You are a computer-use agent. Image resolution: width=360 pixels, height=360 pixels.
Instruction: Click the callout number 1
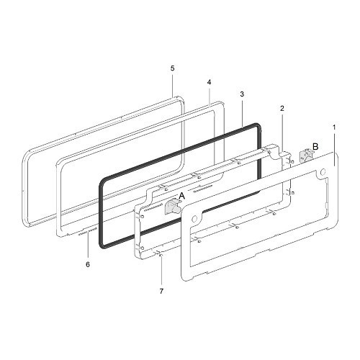(x=334, y=127)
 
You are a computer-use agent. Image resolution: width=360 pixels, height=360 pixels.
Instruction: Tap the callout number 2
(x=282, y=108)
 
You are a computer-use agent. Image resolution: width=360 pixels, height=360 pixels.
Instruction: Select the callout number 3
(x=242, y=94)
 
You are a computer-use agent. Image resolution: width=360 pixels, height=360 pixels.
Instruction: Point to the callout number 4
(x=209, y=82)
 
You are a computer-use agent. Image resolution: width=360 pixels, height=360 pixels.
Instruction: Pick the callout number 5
(x=173, y=68)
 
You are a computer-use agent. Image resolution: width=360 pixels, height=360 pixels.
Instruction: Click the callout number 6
(x=88, y=264)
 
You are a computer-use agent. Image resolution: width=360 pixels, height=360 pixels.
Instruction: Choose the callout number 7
(x=161, y=291)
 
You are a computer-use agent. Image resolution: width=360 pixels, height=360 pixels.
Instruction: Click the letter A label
(x=182, y=197)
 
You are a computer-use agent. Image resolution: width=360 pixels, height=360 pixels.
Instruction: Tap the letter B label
(x=315, y=146)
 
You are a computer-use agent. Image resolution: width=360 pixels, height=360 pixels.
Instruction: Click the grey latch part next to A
(x=173, y=207)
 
